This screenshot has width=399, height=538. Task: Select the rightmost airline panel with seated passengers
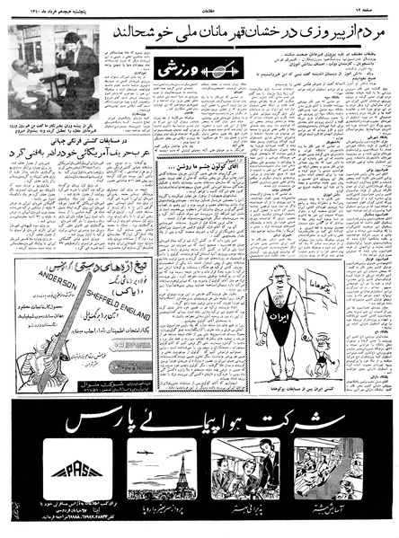coord(327,466)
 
